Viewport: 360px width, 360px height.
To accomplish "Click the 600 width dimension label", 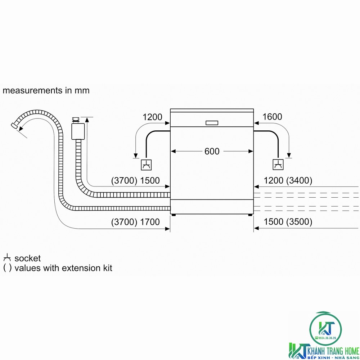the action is [212, 151].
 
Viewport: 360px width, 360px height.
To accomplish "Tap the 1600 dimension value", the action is [272, 117].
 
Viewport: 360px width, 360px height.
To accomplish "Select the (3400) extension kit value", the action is [299, 180].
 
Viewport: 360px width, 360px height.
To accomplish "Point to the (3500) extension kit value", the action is [299, 222].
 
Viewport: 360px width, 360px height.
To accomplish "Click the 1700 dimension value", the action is [150, 222].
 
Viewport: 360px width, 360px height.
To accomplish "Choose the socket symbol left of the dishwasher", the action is [146, 165].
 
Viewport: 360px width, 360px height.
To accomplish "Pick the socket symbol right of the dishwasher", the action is [278, 165].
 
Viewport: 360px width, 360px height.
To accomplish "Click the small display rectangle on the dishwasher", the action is [212, 123].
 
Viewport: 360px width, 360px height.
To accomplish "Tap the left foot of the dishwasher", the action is [174, 215].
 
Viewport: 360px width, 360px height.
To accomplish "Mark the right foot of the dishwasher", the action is [250, 215].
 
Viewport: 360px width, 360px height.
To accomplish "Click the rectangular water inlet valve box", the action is [78, 131].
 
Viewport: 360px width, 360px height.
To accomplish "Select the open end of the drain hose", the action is [14, 125].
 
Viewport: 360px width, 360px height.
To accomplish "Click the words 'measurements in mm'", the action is [46, 90].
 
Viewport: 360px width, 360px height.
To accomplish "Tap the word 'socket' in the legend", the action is [28, 258].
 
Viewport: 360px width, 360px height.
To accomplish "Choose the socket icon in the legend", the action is [7, 258].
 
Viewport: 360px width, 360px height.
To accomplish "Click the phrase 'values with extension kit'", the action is [63, 268].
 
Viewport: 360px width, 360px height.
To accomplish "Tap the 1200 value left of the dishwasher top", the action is [152, 117].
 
